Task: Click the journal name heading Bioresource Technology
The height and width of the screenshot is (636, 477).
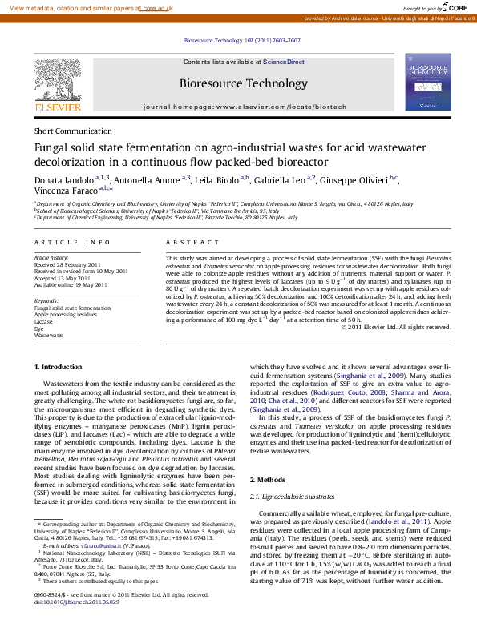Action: coord(244,83)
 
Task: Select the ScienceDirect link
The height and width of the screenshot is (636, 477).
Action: coord(284,62)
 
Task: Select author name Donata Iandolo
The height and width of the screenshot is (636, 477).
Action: coord(63,179)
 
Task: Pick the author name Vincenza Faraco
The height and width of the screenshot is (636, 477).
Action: coord(64,191)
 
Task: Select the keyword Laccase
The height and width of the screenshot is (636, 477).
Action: coord(44,322)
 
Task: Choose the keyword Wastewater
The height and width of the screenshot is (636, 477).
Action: coord(48,336)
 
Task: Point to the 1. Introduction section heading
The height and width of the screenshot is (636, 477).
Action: coord(60,367)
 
